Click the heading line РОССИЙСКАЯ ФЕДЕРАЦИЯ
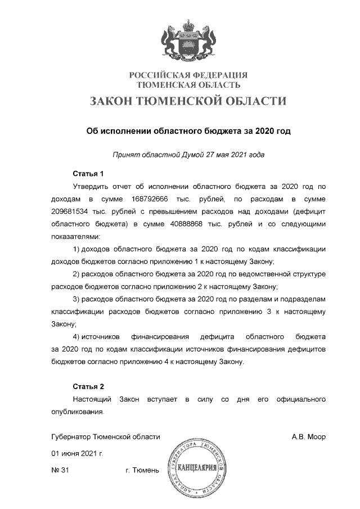point(188,75)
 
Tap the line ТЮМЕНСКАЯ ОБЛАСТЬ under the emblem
point(189,85)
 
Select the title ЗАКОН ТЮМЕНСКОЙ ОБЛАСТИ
point(188,101)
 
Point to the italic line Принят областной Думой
point(188,154)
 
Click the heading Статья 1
point(89,173)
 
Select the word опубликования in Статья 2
point(77,412)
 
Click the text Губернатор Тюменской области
point(106,436)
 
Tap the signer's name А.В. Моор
point(309,436)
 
